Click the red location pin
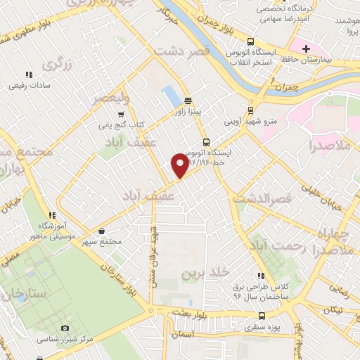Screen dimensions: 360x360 179,165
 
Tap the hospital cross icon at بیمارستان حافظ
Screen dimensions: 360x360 305,49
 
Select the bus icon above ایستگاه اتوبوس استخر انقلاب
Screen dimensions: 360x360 249,41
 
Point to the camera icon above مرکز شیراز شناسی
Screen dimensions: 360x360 65,328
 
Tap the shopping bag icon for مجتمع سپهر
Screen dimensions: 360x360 103,231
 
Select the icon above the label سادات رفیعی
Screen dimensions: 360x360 28,74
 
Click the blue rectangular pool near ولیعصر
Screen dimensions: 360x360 171,96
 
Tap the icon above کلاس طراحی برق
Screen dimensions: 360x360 260,276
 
